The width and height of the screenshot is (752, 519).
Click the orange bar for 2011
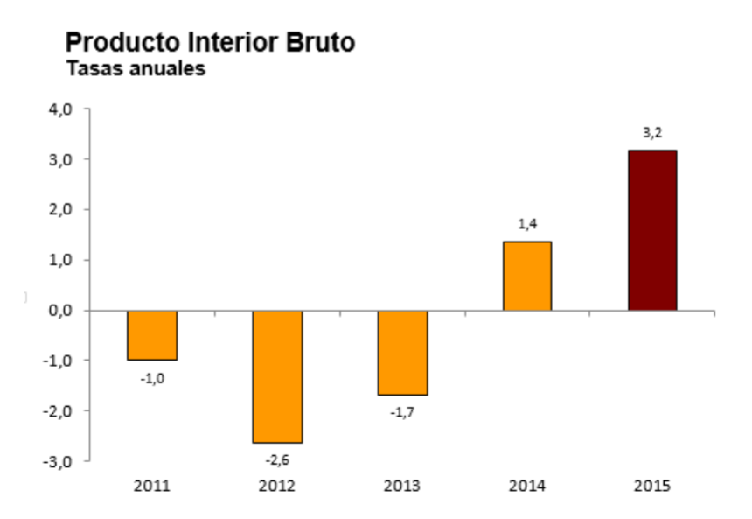pyautogui.click(x=152, y=335)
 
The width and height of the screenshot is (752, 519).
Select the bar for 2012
pyautogui.click(x=277, y=376)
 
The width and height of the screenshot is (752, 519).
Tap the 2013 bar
pyautogui.click(x=402, y=353)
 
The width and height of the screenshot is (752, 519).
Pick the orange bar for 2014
pyautogui.click(x=526, y=276)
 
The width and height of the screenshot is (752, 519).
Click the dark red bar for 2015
pyautogui.click(x=652, y=230)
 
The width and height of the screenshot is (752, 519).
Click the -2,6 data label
pyautogui.click(x=277, y=459)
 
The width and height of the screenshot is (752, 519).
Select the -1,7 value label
pyautogui.click(x=402, y=411)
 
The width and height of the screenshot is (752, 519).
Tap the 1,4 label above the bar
pyautogui.click(x=527, y=225)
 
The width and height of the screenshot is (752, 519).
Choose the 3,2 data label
pyautogui.click(x=652, y=133)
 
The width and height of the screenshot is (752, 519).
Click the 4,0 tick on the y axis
pyautogui.click(x=59, y=109)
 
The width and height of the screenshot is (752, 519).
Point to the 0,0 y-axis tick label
pyautogui.click(x=59, y=311)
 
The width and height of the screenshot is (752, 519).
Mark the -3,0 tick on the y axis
pyautogui.click(x=57, y=461)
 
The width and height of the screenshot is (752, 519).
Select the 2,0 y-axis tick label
pyautogui.click(x=59, y=210)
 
